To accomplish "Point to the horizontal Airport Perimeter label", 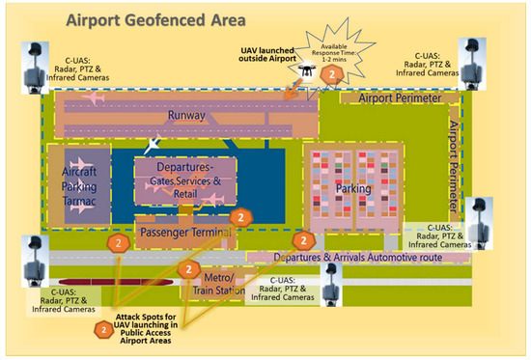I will point(399,99).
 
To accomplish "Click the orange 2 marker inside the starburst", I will point(332,71).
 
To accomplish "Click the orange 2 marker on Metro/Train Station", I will point(191,268).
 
